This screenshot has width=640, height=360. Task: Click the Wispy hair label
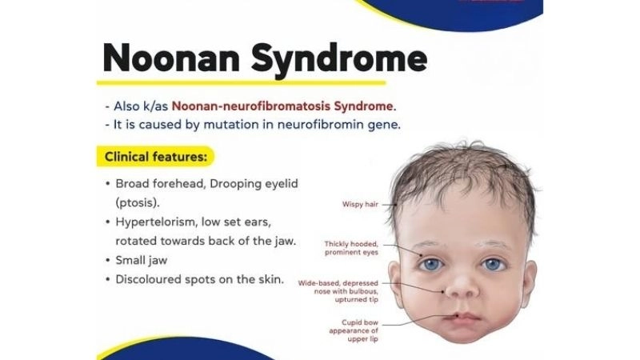pos(359,205)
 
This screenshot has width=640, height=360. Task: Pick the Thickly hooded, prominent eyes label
pos(351,248)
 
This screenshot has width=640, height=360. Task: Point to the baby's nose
pos(462,286)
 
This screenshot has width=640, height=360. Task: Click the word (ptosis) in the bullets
pos(139,202)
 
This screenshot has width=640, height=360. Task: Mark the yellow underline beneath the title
pos(240,82)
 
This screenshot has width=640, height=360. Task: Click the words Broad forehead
pos(160,183)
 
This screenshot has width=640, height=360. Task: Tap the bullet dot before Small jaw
pos(108,259)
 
